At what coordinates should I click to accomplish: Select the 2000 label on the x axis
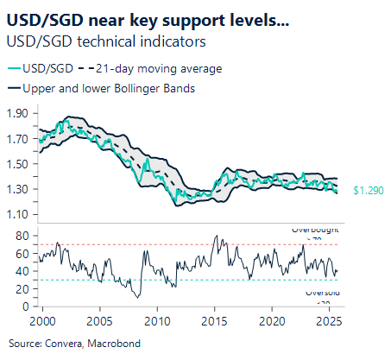pyautogui.click(x=43, y=321)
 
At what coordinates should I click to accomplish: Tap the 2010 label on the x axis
pyautogui.click(x=157, y=321)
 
